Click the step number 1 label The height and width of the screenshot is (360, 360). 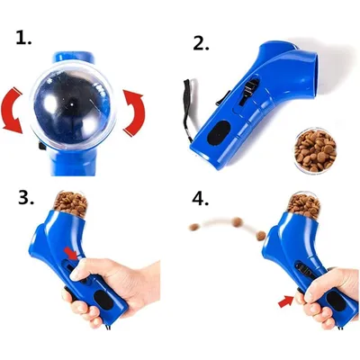coord(23,38)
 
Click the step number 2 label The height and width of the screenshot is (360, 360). coord(201,43)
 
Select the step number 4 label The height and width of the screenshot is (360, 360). coord(200,198)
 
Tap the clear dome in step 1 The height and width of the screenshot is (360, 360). coord(72,106)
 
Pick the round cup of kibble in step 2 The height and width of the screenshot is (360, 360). coord(315,150)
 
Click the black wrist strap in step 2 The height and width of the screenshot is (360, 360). coord(186,108)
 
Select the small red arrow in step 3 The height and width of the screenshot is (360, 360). coord(71,254)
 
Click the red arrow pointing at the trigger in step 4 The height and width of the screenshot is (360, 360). coord(286,301)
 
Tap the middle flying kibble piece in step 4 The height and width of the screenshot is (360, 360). coord(238,222)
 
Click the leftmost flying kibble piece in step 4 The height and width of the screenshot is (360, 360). coord(193,227)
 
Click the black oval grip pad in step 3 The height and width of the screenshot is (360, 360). coord(103,301)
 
